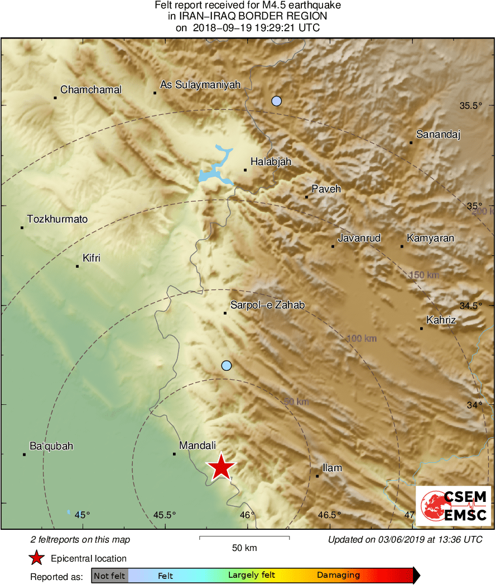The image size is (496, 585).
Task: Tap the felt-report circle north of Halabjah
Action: [276, 101]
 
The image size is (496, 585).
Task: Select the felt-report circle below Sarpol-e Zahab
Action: [226, 366]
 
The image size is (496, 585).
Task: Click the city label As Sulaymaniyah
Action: [200, 85]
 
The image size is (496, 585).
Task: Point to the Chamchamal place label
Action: [91, 90]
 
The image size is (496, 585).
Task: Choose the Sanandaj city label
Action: [439, 134]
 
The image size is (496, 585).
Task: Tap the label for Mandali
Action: [198, 446]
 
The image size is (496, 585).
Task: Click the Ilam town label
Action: [333, 468]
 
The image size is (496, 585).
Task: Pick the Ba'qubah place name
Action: [51, 446]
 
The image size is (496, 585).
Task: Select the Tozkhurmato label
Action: [57, 219]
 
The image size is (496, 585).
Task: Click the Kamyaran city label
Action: [430, 238]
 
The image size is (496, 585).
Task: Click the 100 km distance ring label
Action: [362, 339]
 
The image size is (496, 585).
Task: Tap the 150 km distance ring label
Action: [424, 275]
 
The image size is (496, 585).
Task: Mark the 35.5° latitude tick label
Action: [469, 106]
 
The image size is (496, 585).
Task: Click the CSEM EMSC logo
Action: [453, 505]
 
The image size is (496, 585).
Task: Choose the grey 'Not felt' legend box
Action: [109, 576]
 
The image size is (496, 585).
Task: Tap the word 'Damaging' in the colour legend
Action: [338, 575]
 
